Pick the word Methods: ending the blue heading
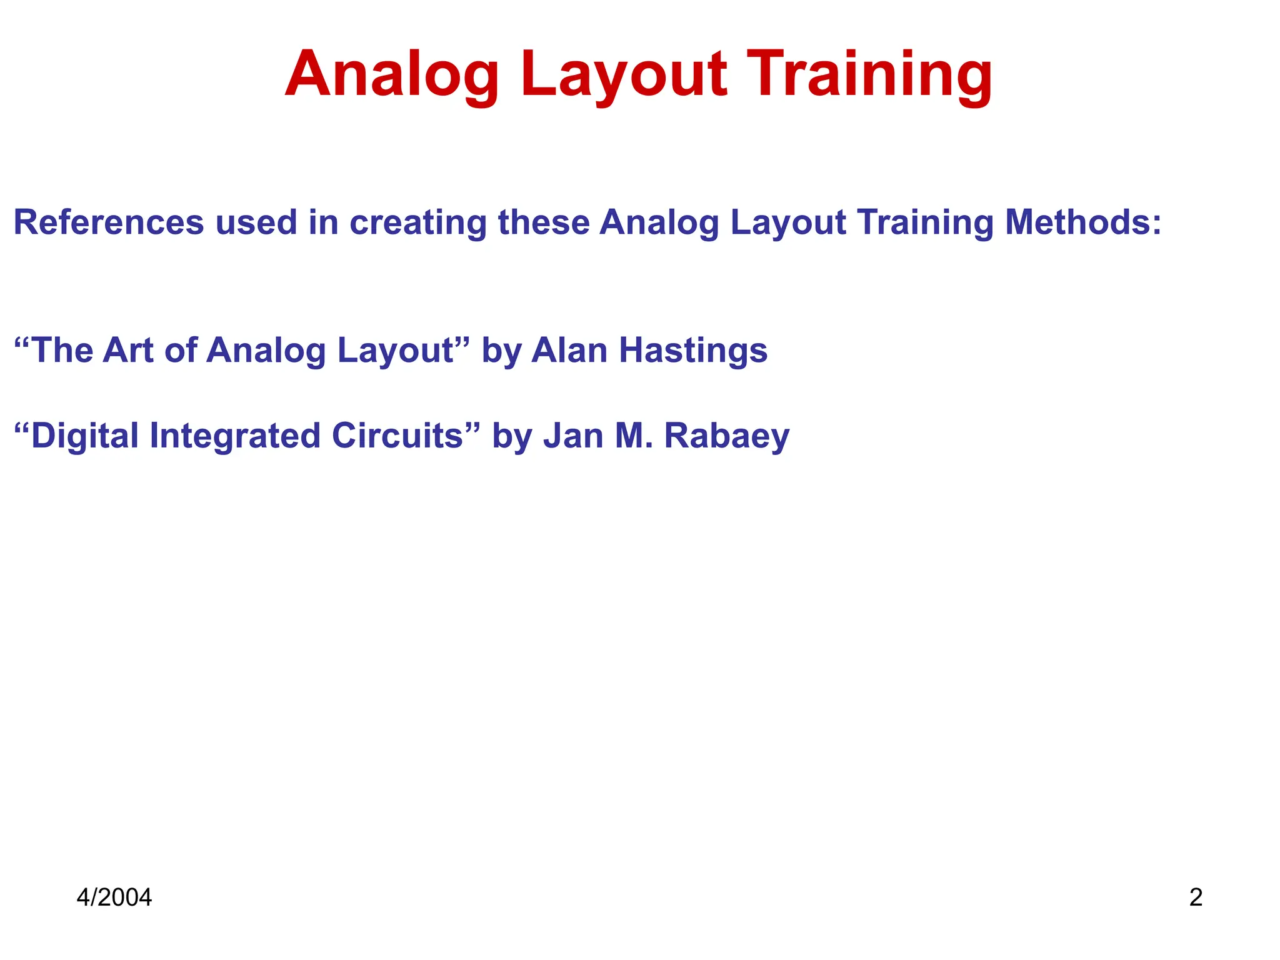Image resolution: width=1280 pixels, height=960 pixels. pos(1083,222)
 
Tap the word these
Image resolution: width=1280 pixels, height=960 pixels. pos(543,222)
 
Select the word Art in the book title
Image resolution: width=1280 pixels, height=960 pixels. pos(128,350)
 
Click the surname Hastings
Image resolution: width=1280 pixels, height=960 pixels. pos(693,350)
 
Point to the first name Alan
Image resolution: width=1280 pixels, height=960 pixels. pos(569,350)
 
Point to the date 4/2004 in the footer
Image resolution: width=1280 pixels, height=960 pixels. pos(114,897)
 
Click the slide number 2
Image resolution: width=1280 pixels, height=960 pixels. pos(1196,897)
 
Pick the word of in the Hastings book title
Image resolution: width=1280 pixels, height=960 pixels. pos(181,350)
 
